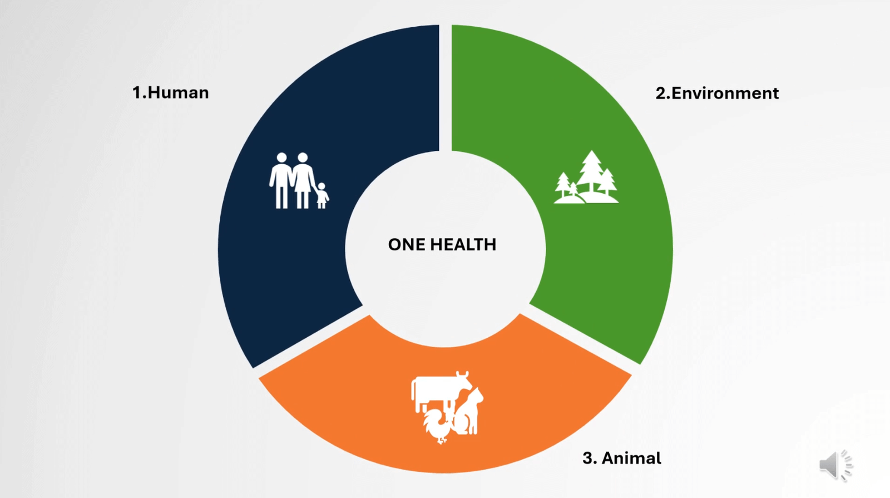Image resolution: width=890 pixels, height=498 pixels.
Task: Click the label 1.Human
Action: pos(170,92)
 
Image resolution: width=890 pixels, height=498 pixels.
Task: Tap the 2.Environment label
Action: pos(717,93)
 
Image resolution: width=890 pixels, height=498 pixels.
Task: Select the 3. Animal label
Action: pos(622,458)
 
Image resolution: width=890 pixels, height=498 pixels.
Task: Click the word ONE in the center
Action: pos(407,244)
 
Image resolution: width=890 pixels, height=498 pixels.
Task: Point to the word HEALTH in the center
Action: pos(463,244)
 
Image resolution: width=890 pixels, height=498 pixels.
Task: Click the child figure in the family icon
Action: pos(322,195)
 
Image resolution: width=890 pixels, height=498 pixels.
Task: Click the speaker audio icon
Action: pos(835,465)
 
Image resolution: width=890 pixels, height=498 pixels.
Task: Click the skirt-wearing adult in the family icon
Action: pos(303,180)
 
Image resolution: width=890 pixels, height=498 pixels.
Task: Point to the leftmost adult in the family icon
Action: pos(281,180)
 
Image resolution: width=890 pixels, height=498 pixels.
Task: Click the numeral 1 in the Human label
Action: pos(137,92)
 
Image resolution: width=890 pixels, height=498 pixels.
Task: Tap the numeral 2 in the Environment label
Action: pos(661,93)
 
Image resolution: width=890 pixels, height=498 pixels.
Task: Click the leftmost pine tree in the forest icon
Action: pos(562,185)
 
